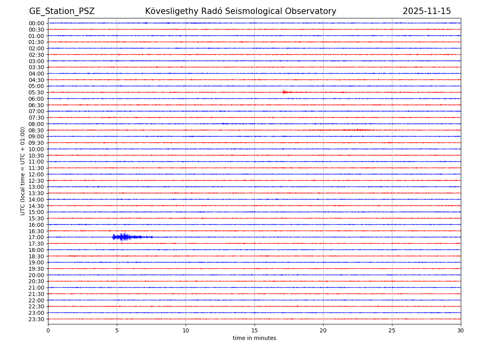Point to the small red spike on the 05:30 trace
[x=284, y=92]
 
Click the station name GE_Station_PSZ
[x=62, y=11]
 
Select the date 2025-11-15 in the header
[x=426, y=11]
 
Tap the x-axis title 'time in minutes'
[x=254, y=338]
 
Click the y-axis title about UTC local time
[x=23, y=171]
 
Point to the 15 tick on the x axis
[x=254, y=331]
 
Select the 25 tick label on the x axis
[x=392, y=331]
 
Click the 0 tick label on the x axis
[x=48, y=331]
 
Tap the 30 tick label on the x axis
[x=461, y=331]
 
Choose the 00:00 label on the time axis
[x=36, y=23]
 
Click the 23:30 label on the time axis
[x=36, y=319]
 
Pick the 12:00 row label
[x=36, y=174]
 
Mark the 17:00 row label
[x=36, y=237]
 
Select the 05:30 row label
[x=36, y=92]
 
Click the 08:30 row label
[x=36, y=130]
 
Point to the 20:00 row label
[x=36, y=275]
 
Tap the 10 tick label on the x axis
[x=186, y=331]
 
